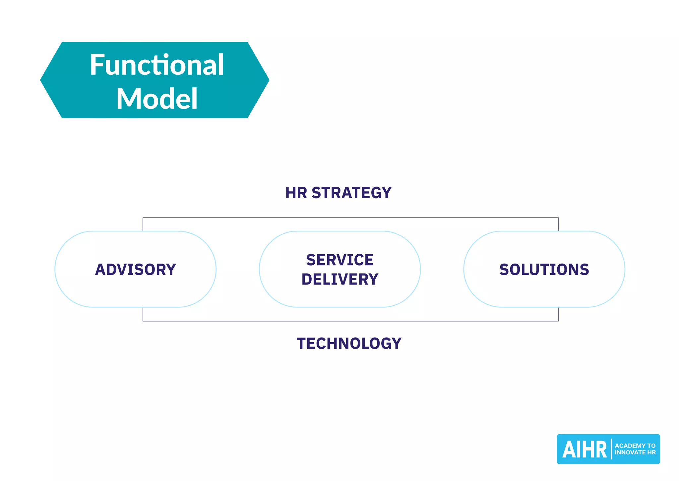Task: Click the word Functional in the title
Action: pyautogui.click(x=157, y=65)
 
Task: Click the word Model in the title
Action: pyautogui.click(x=157, y=99)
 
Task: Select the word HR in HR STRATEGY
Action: pyautogui.click(x=296, y=193)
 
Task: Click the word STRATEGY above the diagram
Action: pyautogui.click(x=351, y=193)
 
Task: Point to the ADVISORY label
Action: pyautogui.click(x=135, y=270)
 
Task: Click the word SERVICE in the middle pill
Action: pyautogui.click(x=340, y=260)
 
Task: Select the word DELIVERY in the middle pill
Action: pyautogui.click(x=340, y=279)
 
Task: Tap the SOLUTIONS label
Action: pyautogui.click(x=544, y=270)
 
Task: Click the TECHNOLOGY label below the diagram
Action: pyautogui.click(x=349, y=344)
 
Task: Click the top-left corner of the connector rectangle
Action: pyautogui.click(x=143, y=218)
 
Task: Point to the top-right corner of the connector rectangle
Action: pyautogui.click(x=558, y=218)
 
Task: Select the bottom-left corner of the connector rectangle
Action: pyautogui.click(x=143, y=321)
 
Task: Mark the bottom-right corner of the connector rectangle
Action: pyautogui.click(x=558, y=321)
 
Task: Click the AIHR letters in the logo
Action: pyautogui.click(x=584, y=449)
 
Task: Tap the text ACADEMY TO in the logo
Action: pyautogui.click(x=635, y=446)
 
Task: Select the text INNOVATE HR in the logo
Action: pyautogui.click(x=635, y=452)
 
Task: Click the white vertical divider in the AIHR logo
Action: pyautogui.click(x=611, y=449)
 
